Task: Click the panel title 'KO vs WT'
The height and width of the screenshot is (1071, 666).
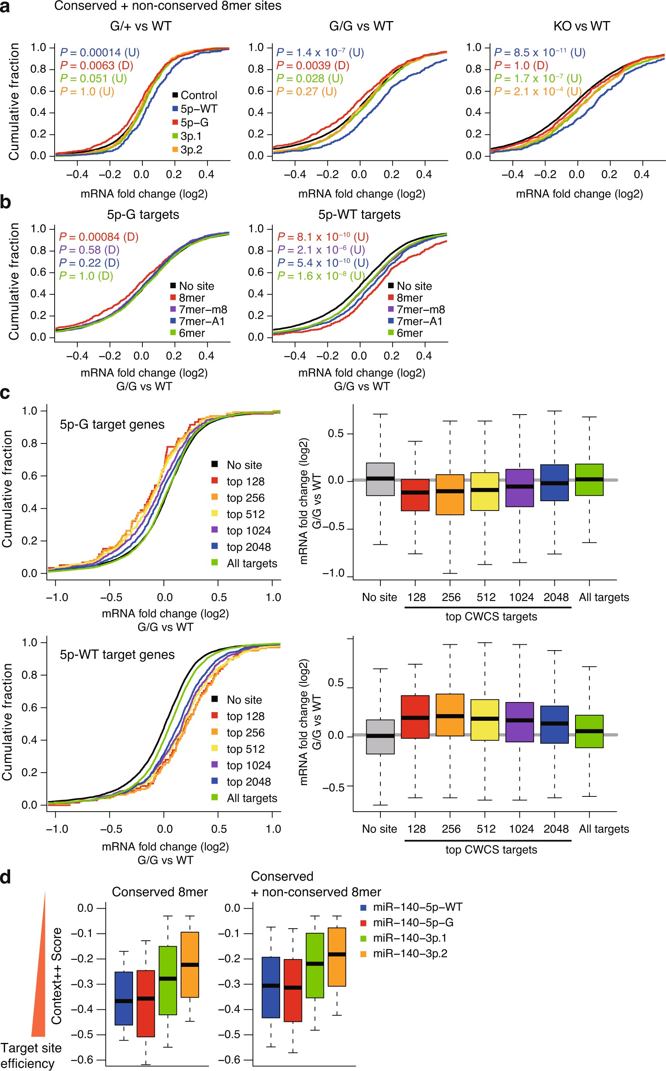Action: tap(581, 27)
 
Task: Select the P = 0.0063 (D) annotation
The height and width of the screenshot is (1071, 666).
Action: tap(96, 66)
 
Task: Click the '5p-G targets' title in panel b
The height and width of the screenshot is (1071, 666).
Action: tap(143, 215)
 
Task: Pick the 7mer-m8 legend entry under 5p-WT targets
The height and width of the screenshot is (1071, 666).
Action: tap(416, 309)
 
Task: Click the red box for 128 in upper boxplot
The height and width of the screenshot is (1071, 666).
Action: tap(415, 495)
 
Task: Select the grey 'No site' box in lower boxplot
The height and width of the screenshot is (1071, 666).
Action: tap(380, 737)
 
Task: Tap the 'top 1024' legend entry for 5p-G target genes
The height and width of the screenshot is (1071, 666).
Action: tap(248, 530)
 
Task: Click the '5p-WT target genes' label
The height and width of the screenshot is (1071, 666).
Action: tap(117, 654)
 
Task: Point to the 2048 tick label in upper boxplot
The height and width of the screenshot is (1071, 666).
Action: tap(556, 598)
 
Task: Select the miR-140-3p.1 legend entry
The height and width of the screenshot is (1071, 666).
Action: tap(409, 938)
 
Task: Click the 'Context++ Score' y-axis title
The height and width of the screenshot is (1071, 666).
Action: tap(57, 975)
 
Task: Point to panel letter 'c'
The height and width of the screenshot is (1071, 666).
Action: tap(5, 393)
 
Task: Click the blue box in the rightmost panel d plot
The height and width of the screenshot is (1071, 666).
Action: tap(271, 987)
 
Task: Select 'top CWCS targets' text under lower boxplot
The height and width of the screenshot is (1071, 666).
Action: tap(491, 849)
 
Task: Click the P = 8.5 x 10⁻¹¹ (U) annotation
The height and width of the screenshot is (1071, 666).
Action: tap(540, 52)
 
